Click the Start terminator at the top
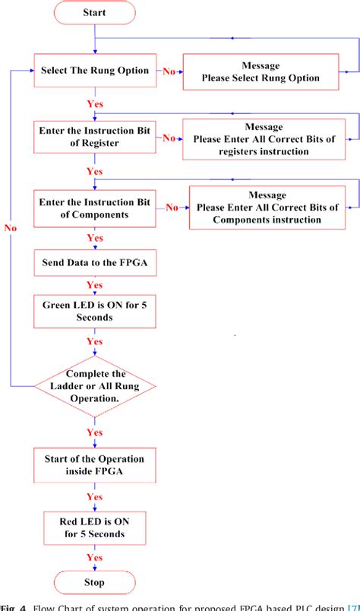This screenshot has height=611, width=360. tap(94, 13)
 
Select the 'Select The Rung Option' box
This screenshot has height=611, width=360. tap(94, 71)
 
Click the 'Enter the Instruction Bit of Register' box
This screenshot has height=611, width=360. tap(94, 138)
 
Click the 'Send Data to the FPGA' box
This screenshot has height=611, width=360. tap(94, 264)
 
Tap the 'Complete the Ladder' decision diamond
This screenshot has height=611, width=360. tap(94, 386)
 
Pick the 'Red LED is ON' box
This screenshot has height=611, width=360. tap(94, 527)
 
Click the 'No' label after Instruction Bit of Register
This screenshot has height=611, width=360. tap(169, 138)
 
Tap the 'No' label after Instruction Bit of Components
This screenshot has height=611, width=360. tap(172, 207)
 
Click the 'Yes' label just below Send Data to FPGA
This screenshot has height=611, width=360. tap(95, 286)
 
